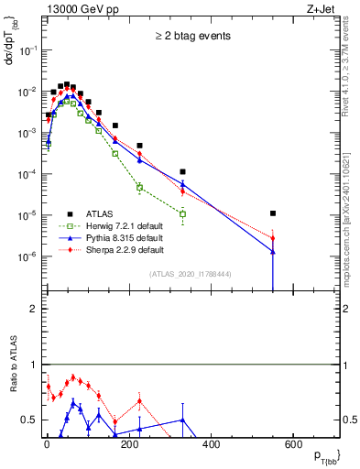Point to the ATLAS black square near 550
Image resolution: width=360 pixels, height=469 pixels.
coord(273,213)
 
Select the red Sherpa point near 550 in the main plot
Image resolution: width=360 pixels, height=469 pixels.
coord(273,238)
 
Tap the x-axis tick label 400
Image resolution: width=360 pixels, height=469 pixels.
coord(211,446)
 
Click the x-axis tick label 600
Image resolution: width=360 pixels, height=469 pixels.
coord(293,446)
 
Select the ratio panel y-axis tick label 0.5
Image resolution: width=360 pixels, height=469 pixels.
coord(28,420)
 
